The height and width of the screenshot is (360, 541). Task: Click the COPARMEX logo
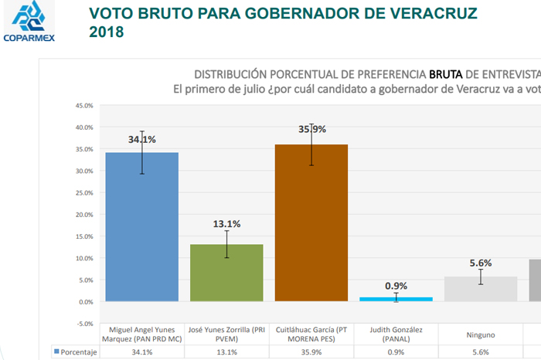pos(28,21)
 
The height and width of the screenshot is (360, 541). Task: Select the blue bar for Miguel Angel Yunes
pos(141,226)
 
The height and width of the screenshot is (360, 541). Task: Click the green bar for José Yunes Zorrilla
pos(226,272)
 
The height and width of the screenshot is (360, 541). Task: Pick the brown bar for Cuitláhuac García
pos(311,222)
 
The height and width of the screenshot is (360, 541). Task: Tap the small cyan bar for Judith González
pos(396,299)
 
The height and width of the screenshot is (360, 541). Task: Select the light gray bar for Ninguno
pos(480,289)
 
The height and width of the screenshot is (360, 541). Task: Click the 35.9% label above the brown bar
pos(312,130)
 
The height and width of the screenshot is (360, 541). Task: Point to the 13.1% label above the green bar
pos(226,224)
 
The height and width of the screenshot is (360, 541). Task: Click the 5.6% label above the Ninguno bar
pos(480,263)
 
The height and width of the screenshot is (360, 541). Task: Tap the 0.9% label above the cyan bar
pos(396,285)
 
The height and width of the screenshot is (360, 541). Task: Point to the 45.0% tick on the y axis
pos(83,105)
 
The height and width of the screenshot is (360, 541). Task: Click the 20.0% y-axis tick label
pos(83,215)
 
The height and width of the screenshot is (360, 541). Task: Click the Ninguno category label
pos(480,335)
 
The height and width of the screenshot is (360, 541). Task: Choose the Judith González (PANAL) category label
pos(396,335)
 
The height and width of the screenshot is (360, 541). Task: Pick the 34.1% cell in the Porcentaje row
pos(141,352)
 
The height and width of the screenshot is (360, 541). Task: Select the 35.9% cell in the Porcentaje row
pos(311,352)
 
